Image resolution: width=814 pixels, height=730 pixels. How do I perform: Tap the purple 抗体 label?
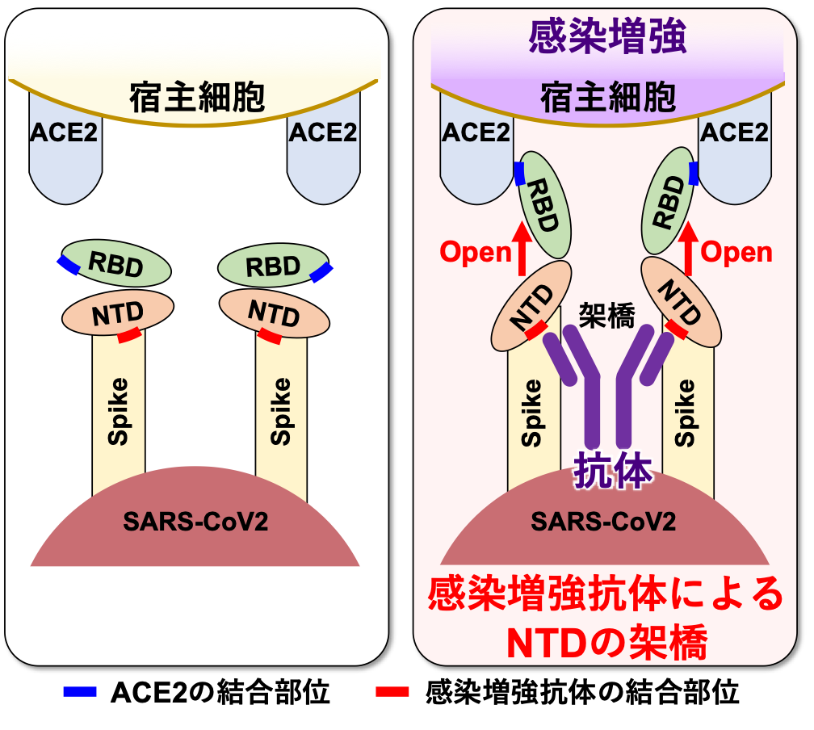612,471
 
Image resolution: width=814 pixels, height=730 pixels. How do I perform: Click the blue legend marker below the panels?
80,691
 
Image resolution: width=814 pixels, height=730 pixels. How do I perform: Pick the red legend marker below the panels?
392,691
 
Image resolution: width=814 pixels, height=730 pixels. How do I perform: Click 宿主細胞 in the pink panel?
607,99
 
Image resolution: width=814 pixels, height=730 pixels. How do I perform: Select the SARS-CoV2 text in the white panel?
195,521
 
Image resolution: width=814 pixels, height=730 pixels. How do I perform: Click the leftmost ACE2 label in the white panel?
64,132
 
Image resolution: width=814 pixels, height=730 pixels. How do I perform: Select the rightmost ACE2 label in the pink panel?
734,132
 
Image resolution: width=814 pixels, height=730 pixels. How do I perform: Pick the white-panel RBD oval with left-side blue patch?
116,262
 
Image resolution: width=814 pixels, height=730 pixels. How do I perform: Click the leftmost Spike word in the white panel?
119,412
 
